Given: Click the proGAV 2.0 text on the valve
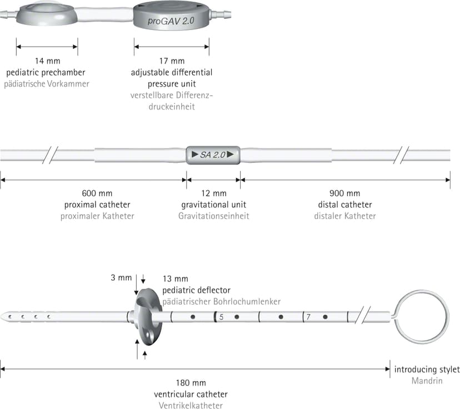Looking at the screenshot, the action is tap(171, 21).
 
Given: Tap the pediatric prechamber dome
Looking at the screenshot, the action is tap(47, 14).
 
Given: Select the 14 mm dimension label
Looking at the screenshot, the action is tap(48, 61).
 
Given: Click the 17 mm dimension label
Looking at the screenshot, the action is tap(172, 61).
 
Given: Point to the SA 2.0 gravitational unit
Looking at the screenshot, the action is tap(213, 155).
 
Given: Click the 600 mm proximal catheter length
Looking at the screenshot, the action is tap(97, 194).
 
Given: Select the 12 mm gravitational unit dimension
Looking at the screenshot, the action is tap(214, 194).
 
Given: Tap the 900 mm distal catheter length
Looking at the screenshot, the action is tap(344, 194).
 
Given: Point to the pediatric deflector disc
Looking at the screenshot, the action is tap(148, 316).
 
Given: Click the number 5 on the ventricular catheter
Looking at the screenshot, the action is tap(222, 317).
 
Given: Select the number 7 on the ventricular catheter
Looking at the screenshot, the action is tap(308, 317).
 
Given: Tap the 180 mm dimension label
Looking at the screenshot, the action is tap(191, 383).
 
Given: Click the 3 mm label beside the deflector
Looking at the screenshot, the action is tap(121, 278).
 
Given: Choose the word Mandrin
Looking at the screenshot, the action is tap(427, 381).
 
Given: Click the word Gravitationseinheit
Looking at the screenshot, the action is tap(213, 216).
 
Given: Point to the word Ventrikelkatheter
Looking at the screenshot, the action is tap(191, 405).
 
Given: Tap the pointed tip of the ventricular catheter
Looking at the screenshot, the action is tap(1, 316).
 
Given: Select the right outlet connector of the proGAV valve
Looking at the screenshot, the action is tap(221, 14).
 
